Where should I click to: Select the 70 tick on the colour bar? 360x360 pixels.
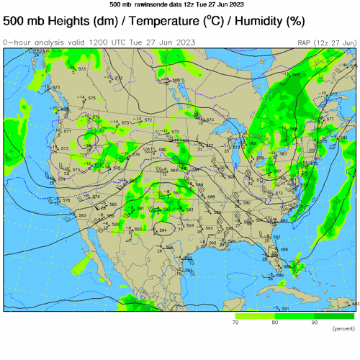(235, 323)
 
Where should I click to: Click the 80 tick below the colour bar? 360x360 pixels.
(274, 323)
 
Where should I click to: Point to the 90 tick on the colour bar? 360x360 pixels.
(314, 323)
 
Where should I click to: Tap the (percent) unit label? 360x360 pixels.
(343, 329)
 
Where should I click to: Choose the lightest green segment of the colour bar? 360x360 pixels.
(255, 316)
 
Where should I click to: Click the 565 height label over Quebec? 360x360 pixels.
(296, 75)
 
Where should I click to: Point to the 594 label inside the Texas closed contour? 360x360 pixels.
(163, 230)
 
